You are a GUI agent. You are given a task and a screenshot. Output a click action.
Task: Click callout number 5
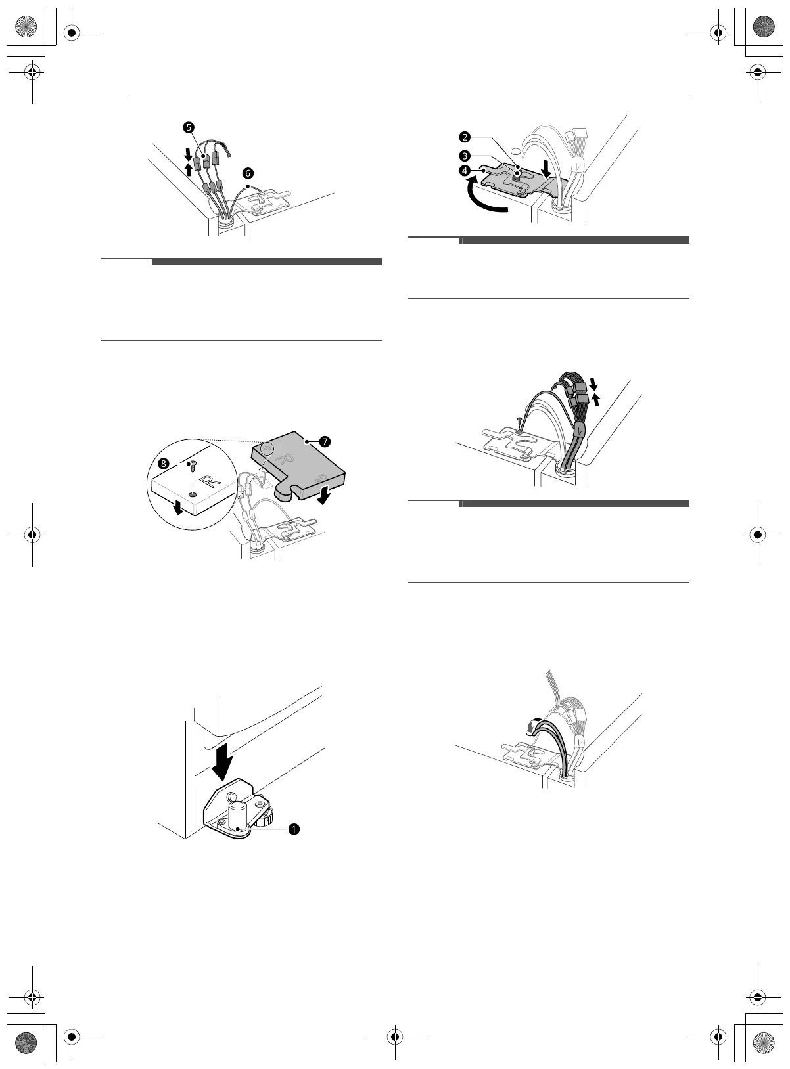pyautogui.click(x=189, y=128)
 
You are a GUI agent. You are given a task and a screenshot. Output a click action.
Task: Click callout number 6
pyautogui.click(x=248, y=173)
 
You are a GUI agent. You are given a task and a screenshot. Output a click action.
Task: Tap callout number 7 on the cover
pyautogui.click(x=325, y=441)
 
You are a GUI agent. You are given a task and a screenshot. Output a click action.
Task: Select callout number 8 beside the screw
pyautogui.click(x=164, y=464)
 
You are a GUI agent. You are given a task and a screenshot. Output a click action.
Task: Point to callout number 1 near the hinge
pyautogui.click(x=293, y=829)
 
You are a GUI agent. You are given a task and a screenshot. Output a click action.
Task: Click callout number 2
pyautogui.click(x=465, y=137)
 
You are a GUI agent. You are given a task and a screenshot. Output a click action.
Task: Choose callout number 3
pyautogui.click(x=465, y=156)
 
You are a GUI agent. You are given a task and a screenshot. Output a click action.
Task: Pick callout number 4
pyautogui.click(x=465, y=170)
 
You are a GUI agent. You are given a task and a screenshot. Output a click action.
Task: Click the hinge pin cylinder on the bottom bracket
pyautogui.click(x=238, y=814)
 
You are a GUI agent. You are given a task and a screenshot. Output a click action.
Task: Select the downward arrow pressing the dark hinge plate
pyautogui.click(x=546, y=169)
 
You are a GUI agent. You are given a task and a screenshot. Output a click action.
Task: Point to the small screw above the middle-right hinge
pyautogui.click(x=519, y=421)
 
